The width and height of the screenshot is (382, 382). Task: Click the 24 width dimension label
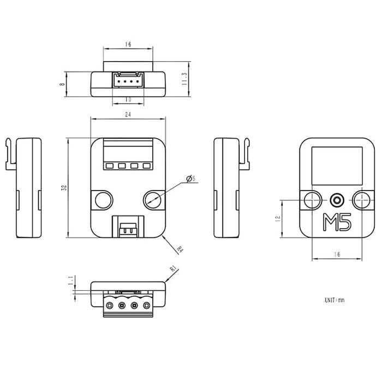[128, 115]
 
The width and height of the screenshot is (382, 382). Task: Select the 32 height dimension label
[64, 187]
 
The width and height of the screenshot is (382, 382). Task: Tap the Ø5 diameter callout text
[190, 178]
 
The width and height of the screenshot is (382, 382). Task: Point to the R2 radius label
[180, 249]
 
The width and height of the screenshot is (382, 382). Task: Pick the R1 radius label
[173, 268]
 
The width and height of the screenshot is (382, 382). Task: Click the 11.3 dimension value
[184, 80]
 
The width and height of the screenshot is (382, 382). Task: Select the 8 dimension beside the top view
[63, 85]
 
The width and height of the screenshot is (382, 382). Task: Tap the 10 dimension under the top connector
[128, 100]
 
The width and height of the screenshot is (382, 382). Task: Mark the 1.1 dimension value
[70, 280]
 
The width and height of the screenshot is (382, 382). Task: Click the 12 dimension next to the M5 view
[278, 219]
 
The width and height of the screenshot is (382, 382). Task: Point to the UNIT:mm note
[334, 300]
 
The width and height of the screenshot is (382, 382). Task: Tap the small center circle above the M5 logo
[337, 200]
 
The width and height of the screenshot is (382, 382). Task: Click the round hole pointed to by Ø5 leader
[153, 200]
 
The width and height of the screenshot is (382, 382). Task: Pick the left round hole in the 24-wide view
[102, 200]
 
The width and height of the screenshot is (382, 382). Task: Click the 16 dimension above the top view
[127, 45]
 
